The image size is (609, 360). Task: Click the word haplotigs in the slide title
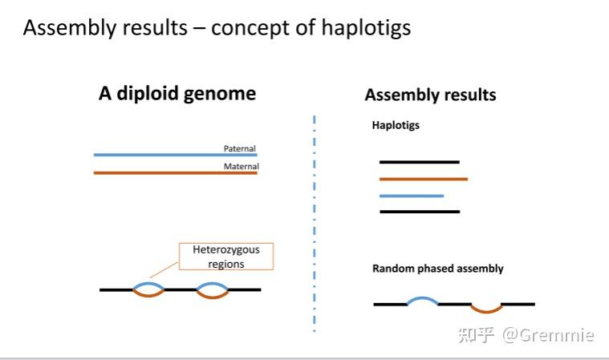tap(366, 28)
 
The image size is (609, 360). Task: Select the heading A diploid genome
tap(177, 93)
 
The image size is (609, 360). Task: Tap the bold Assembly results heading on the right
tap(430, 95)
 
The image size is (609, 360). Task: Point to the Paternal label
tap(239, 148)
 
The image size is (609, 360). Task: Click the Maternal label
tap(241, 167)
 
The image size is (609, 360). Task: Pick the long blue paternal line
tap(160, 154)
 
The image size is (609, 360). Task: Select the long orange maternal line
tap(160, 172)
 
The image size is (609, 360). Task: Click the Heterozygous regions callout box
tap(225, 257)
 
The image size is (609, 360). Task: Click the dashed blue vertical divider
tap(314, 224)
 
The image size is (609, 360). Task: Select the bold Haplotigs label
tap(396, 125)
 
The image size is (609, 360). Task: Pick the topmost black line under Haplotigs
tap(419, 162)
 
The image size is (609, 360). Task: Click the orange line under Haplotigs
tap(423, 179)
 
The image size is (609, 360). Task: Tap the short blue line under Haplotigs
tap(411, 196)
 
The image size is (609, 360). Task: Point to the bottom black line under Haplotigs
tap(419, 212)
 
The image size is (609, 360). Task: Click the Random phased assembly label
tap(437, 269)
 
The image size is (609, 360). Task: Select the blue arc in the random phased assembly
tap(422, 299)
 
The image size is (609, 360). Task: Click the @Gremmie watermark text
tap(548, 334)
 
